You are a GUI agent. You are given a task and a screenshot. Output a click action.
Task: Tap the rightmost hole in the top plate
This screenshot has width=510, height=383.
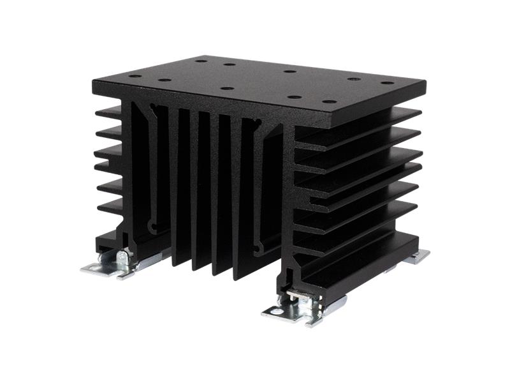pyautogui.click(x=387, y=83)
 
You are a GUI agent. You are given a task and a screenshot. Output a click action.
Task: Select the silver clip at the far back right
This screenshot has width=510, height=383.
pyautogui.click(x=420, y=256)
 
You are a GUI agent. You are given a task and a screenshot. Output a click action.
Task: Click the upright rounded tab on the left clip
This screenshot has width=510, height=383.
pyautogui.click(x=121, y=258)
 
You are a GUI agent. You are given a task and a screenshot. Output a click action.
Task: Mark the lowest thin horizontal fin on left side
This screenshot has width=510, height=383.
pyautogui.click(x=110, y=207)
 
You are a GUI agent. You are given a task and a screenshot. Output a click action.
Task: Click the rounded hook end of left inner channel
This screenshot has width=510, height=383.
pyautogui.click(x=152, y=227)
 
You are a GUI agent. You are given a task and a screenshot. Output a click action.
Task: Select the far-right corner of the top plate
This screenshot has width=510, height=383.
pyautogui.click(x=423, y=84)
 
